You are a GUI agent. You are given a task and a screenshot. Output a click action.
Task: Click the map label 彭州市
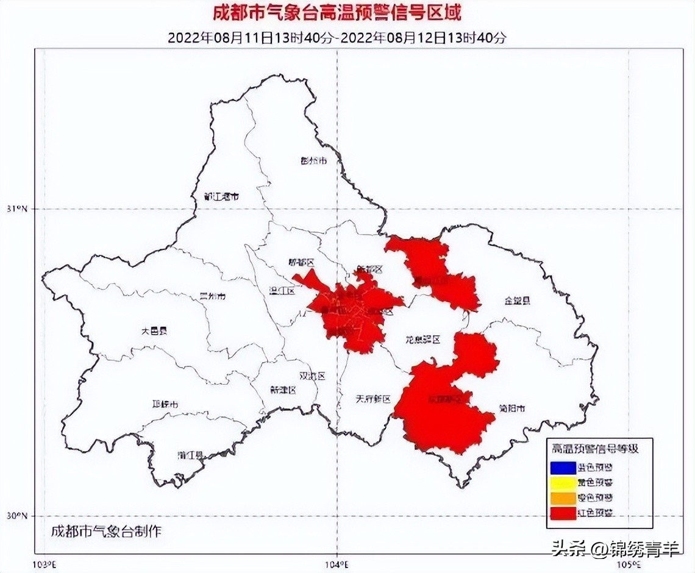point(315,161)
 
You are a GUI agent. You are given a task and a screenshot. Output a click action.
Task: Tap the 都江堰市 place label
point(221,197)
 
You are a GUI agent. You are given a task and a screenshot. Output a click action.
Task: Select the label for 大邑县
point(154,331)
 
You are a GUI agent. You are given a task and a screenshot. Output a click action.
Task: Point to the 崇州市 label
point(213,296)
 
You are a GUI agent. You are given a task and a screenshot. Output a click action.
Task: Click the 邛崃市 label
point(165,404)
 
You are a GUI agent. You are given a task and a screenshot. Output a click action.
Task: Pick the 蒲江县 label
point(190,454)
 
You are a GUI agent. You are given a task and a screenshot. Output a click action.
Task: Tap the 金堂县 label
point(517,301)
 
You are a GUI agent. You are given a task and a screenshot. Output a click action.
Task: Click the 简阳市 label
point(511,408)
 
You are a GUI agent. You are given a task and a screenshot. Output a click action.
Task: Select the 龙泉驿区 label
point(423,339)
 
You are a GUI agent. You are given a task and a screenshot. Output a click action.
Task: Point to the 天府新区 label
point(372,399)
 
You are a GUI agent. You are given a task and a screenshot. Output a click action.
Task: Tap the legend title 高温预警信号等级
point(595,449)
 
